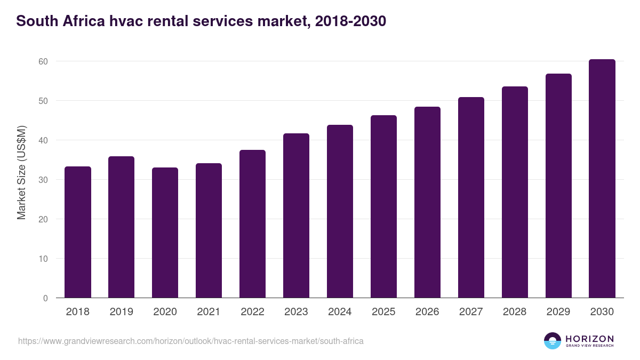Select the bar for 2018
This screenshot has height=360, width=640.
coord(77,232)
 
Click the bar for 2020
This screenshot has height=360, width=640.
coord(165,233)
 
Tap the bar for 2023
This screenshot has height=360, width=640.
coord(296,215)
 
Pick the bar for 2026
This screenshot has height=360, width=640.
coord(427,202)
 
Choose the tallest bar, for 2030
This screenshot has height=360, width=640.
coord(602,179)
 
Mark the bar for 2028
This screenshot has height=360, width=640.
coord(515,192)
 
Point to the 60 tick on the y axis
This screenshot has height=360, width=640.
coord(43,61)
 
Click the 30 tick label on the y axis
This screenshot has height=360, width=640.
coord(43,180)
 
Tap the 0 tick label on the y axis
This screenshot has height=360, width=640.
coord(45,298)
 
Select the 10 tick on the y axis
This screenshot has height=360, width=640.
coord(43,259)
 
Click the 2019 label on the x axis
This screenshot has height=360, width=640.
coord(121,312)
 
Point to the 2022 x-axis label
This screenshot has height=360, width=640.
coord(252,312)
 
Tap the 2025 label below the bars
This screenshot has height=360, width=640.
coord(383,312)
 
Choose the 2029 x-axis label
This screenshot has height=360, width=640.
coord(558,312)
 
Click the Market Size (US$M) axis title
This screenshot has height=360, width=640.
coord(21,172)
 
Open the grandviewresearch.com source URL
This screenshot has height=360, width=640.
coord(191,341)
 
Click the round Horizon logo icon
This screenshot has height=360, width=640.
coord(553,341)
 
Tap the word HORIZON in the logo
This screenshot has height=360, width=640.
coord(589,339)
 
